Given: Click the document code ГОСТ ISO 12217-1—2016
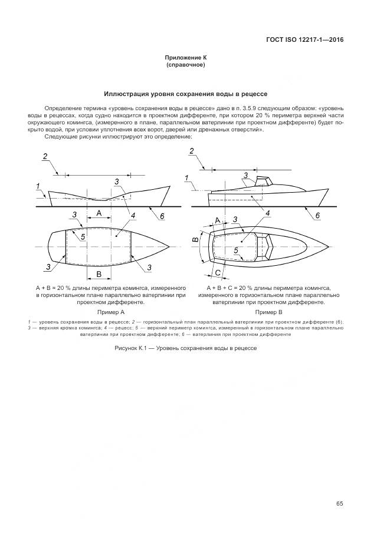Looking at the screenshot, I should (x=305, y=40).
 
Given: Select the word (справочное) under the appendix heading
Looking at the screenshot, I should (x=186, y=65).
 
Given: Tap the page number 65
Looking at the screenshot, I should (x=340, y=503).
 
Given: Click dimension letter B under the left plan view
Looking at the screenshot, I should (x=99, y=274).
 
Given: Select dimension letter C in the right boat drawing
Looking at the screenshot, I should (x=218, y=272).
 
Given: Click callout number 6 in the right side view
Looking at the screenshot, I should (x=317, y=216).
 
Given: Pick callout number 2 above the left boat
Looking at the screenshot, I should (x=45, y=156).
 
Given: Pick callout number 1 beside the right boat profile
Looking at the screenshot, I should (x=187, y=178).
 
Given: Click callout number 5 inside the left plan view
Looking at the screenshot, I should (x=83, y=236).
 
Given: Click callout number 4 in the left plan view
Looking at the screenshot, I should (x=133, y=216).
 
